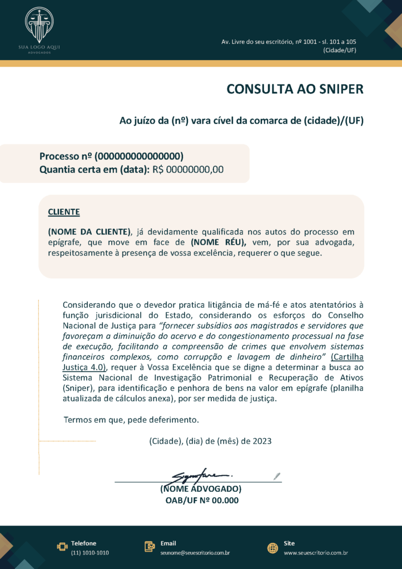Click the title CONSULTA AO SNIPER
pos(295,89)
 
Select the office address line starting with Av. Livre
pos(289,42)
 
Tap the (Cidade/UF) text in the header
pos(339,50)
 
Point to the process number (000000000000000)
pos(139,156)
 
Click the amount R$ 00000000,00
pos(188,169)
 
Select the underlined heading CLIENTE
pos(64,212)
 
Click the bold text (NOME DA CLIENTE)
pos(90,232)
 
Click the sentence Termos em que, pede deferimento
pos(131,420)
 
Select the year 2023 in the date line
pos(262,441)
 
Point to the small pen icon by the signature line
pos(277,476)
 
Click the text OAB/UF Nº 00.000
pos(202,500)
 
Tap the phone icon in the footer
pos(62,547)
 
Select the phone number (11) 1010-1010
pos(90,553)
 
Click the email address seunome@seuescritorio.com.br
pos(195,553)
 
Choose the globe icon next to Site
pos(272,547)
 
